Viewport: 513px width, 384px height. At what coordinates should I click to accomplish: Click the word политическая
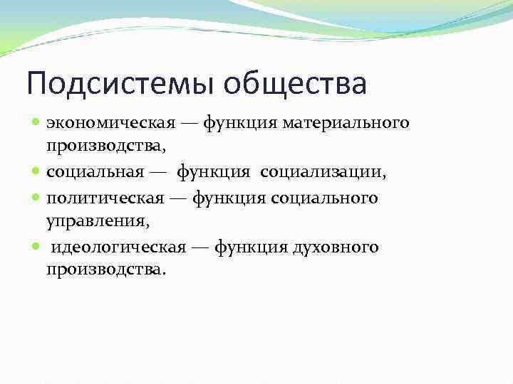coord(103,198)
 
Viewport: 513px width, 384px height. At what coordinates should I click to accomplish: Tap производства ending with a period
coord(106,271)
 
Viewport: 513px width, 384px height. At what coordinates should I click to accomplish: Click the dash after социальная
coord(157,173)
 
